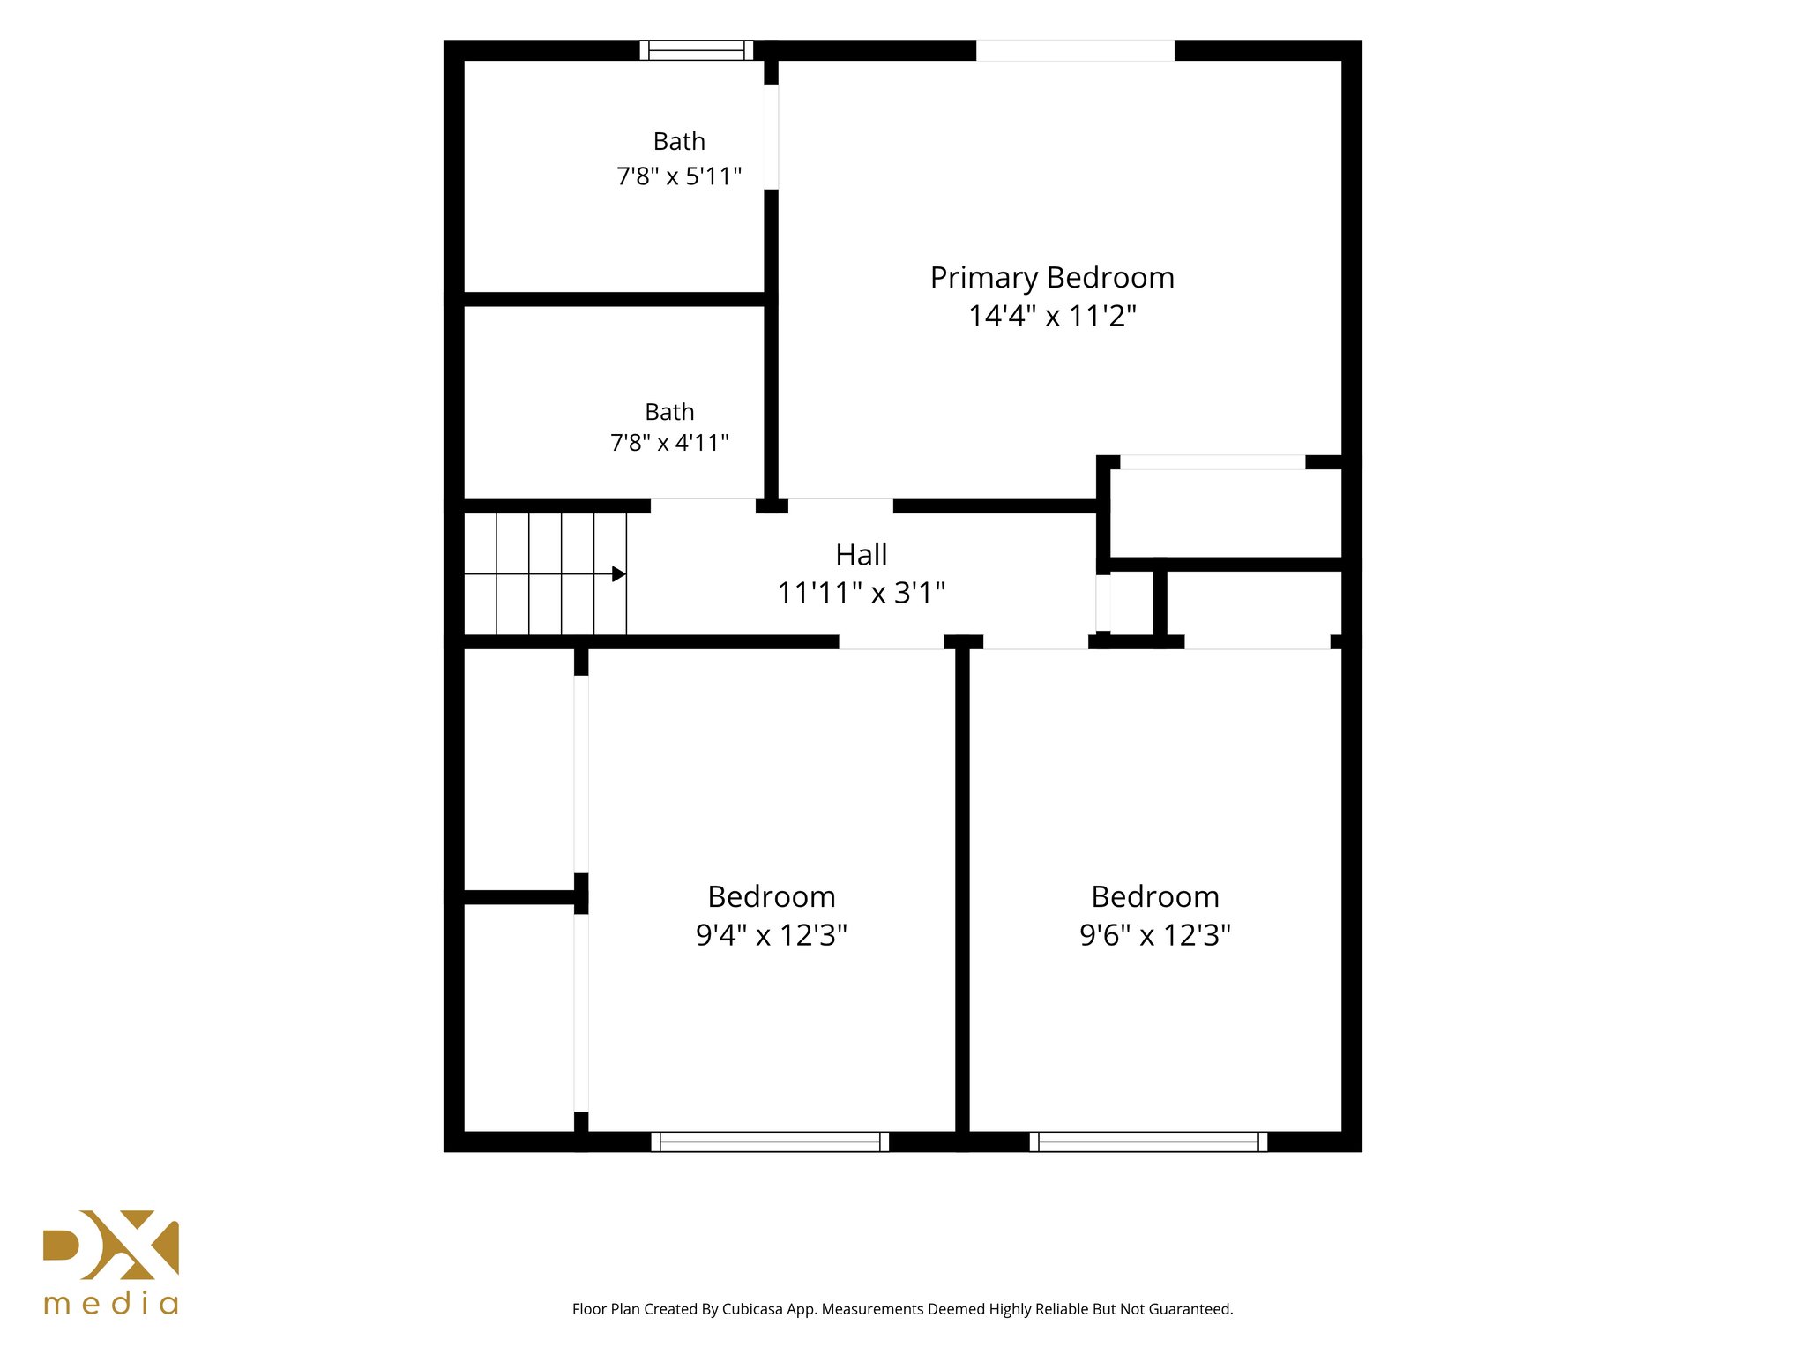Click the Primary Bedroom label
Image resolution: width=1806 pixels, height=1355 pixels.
1052,279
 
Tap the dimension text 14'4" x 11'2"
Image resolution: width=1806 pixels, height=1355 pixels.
1052,316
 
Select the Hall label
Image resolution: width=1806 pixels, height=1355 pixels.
861,555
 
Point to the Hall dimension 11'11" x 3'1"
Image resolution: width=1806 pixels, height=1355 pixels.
861,593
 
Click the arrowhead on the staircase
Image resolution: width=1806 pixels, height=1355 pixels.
619,574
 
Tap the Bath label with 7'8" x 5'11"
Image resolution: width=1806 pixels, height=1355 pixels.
679,142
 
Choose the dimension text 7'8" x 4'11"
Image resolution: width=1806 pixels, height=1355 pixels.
669,443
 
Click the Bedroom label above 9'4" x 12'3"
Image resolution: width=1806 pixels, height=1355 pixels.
772,897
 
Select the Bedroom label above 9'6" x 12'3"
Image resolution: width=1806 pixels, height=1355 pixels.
1155,897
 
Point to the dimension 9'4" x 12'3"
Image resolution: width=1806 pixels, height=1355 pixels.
772,935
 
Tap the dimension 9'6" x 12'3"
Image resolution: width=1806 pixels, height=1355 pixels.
1155,935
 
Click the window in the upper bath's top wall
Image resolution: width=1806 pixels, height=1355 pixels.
697,50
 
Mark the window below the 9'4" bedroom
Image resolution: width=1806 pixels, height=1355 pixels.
770,1142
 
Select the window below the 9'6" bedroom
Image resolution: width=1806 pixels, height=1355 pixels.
1148,1142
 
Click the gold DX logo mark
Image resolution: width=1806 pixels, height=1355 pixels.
111,1245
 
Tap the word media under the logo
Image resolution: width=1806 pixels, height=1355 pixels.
111,1304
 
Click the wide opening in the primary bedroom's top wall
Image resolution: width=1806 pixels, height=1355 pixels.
1075,50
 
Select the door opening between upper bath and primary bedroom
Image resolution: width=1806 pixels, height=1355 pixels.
771,137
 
